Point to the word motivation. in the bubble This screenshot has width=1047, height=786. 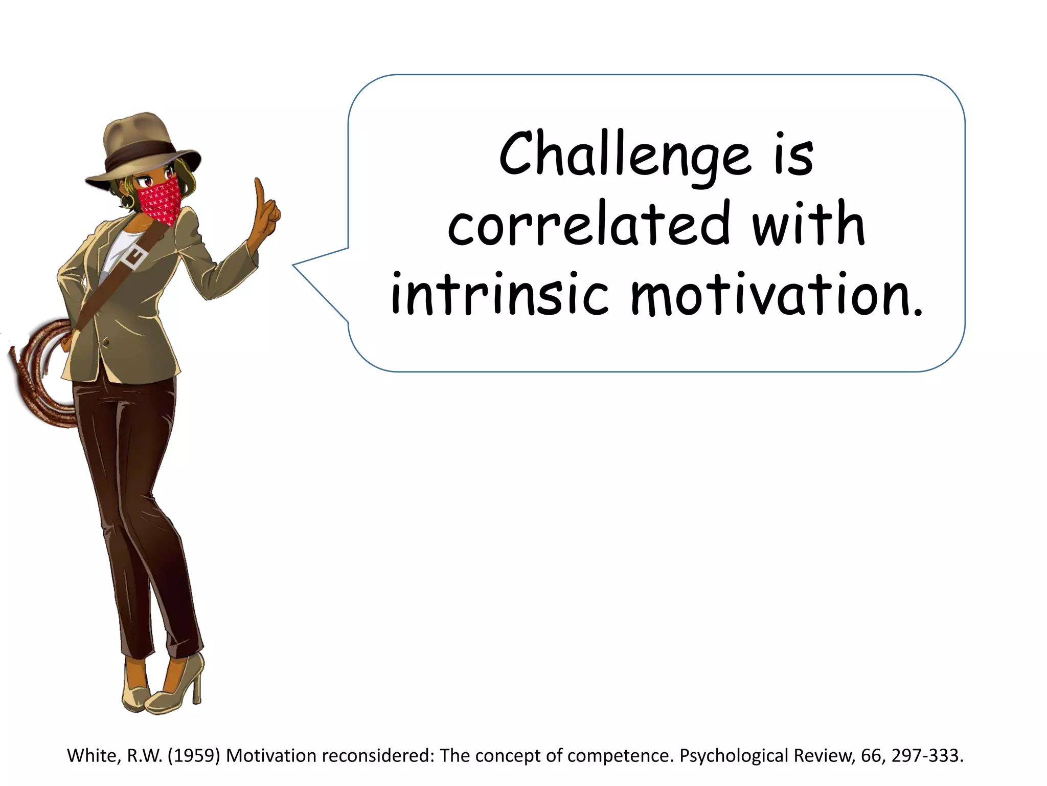(x=777, y=295)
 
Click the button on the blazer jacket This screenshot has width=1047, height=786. (x=105, y=343)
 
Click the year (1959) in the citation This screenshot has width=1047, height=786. (x=194, y=755)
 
